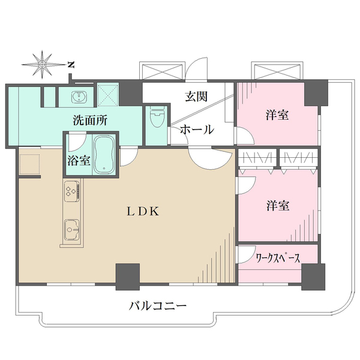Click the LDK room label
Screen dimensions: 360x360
pyautogui.click(x=142, y=211)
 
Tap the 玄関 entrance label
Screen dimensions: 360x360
pyautogui.click(x=196, y=95)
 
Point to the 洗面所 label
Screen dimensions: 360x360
pyautogui.click(x=90, y=119)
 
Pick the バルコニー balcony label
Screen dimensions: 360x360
pyautogui.click(x=158, y=305)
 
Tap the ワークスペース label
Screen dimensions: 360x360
pyautogui.click(x=278, y=259)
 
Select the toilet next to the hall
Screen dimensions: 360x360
pyautogui.click(x=155, y=117)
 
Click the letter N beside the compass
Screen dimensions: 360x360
pyautogui.click(x=70, y=64)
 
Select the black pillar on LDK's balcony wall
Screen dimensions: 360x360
pyautogui.click(x=128, y=275)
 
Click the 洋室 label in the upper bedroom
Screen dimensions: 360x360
pyautogui.click(x=277, y=115)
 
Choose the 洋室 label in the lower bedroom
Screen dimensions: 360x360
pyautogui.click(x=278, y=206)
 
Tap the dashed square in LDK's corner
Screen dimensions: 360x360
pyautogui.click(x=29, y=164)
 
